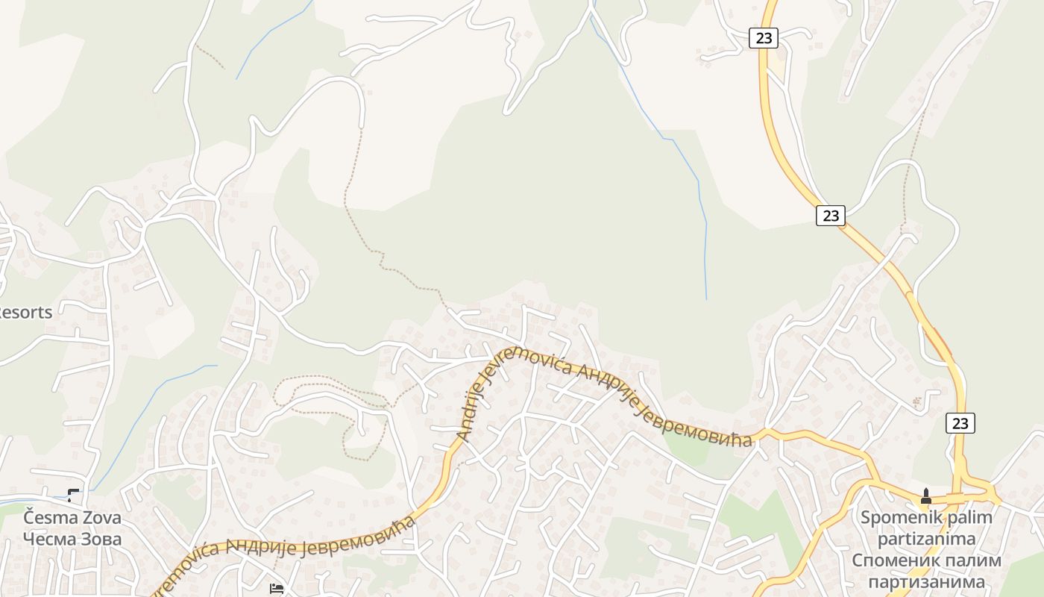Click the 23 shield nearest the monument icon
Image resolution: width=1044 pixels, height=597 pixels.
click(960, 423)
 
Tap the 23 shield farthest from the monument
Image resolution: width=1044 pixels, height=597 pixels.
click(763, 37)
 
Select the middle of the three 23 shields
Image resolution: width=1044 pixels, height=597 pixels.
click(830, 216)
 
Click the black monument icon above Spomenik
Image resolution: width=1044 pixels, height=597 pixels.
click(926, 496)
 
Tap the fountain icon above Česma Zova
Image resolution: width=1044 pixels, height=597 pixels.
click(74, 495)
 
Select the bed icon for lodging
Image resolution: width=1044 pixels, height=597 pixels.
click(276, 588)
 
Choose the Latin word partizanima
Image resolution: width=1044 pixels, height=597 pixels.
click(926, 538)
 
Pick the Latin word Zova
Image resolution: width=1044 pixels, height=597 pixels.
click(101, 517)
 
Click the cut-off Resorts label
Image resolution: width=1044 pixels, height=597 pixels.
click(25, 312)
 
